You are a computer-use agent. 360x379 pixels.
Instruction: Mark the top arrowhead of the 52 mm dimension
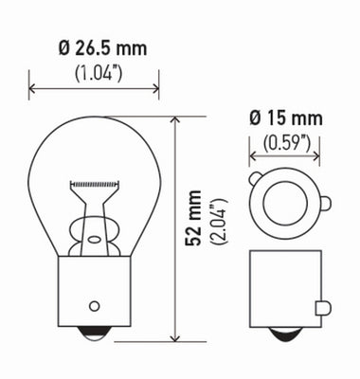[175, 121]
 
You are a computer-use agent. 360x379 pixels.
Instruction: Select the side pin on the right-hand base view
[324, 307]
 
